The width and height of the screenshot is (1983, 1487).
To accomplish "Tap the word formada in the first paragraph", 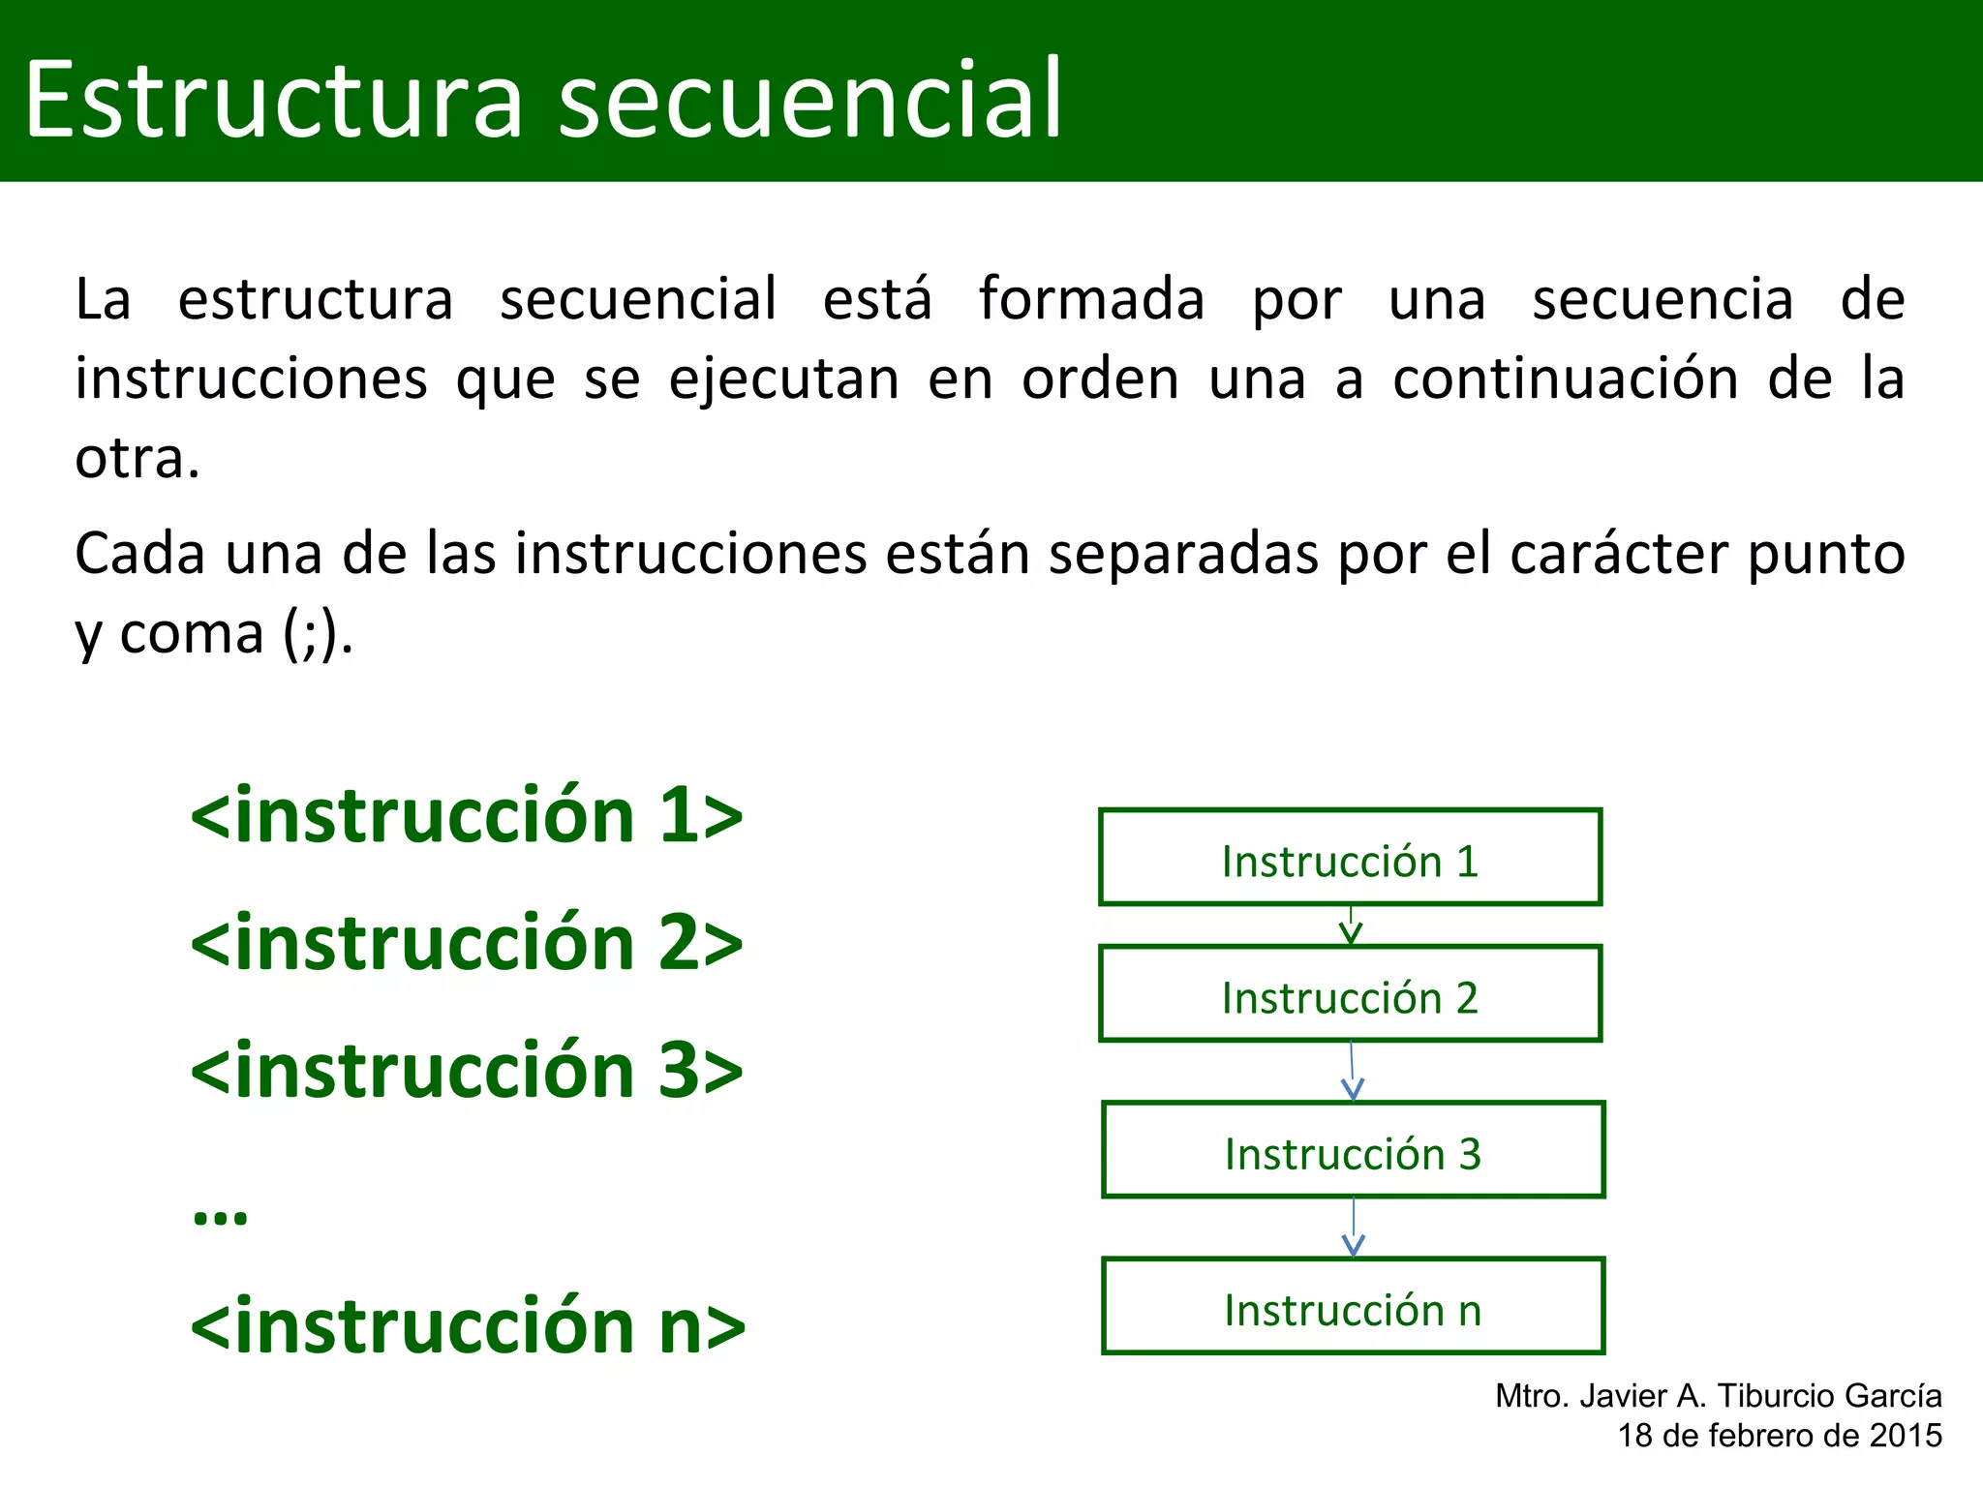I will pyautogui.click(x=1091, y=299).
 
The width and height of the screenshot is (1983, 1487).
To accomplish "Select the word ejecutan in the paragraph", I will pyautogui.click(x=783, y=379).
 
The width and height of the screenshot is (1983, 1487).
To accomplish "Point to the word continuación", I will pyautogui.click(x=1566, y=379).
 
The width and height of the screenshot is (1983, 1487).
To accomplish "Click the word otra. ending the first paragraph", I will pyautogui.click(x=137, y=458).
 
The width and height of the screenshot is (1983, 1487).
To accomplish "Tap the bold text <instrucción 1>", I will pyautogui.click(x=467, y=816).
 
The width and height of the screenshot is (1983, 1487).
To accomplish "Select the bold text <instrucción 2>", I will pyautogui.click(x=467, y=943).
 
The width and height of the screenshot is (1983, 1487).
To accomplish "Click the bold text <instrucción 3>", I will pyautogui.click(x=467, y=1071).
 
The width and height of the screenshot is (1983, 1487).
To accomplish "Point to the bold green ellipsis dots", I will pyautogui.click(x=220, y=1216).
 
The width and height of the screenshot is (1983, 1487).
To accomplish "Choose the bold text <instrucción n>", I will pyautogui.click(x=468, y=1326).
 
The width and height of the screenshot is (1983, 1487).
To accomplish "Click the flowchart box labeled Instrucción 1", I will pyautogui.click(x=1350, y=858).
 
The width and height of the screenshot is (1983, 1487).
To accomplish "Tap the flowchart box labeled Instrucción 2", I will pyautogui.click(x=1350, y=994).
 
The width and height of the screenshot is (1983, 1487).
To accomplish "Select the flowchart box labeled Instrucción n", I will pyautogui.click(x=1353, y=1306).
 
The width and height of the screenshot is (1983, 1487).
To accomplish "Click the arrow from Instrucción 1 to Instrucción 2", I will pyautogui.click(x=1351, y=926).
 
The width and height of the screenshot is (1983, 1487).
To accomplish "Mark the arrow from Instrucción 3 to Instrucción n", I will pyautogui.click(x=1354, y=1228).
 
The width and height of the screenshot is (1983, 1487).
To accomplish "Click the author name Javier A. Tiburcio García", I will pyautogui.click(x=1760, y=1396).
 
